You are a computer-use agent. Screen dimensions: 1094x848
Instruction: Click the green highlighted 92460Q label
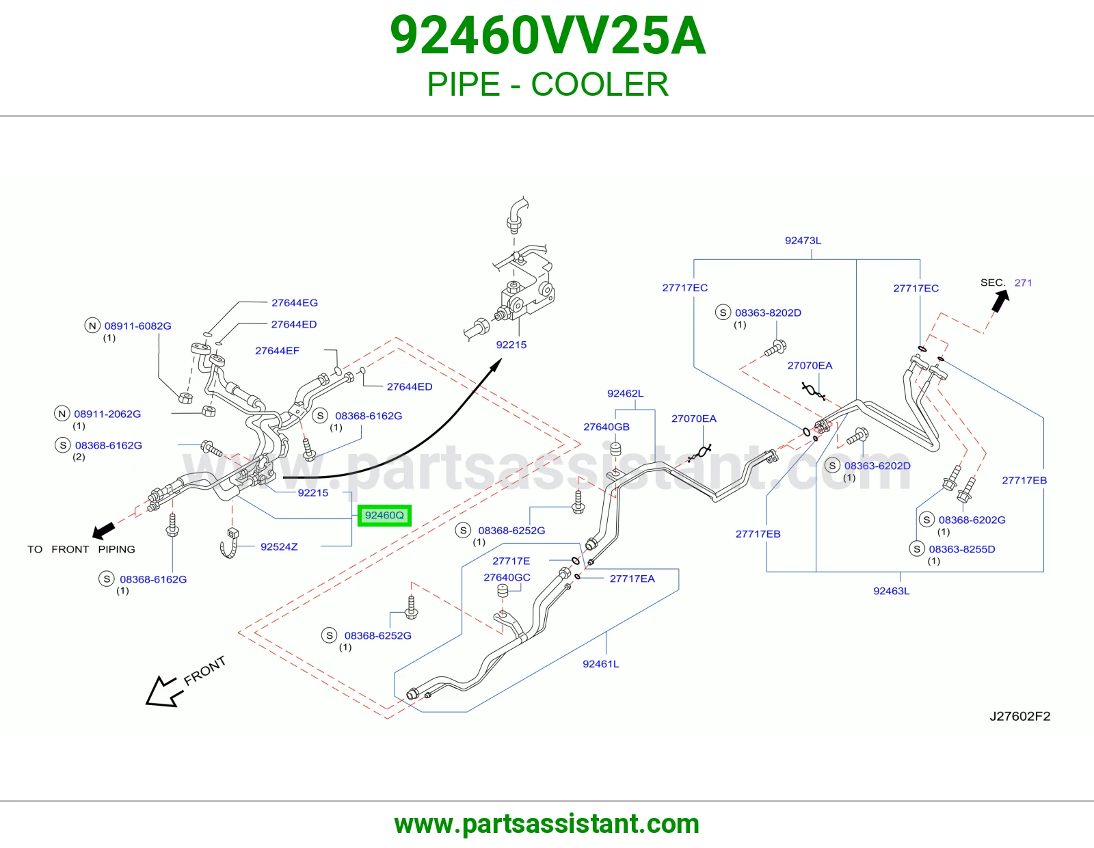click(384, 515)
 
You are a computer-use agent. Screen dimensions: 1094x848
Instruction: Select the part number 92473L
click(803, 241)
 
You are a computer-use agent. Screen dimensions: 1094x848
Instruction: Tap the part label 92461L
click(600, 663)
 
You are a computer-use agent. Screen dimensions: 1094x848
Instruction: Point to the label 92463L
click(891, 591)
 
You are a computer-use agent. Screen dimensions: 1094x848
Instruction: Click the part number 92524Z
click(279, 546)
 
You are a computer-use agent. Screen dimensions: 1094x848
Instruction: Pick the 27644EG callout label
click(295, 303)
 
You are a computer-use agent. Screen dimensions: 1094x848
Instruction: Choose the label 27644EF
click(277, 350)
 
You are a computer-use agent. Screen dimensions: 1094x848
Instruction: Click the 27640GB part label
click(606, 427)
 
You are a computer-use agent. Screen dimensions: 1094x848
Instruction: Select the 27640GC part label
click(507, 577)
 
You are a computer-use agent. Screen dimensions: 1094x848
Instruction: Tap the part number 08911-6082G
click(137, 326)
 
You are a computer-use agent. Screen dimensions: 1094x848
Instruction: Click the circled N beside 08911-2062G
click(62, 414)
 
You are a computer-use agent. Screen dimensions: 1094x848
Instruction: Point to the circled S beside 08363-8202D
click(723, 313)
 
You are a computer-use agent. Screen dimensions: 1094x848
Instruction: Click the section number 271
click(1023, 282)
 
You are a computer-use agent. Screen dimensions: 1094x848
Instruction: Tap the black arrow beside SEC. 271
click(1000, 301)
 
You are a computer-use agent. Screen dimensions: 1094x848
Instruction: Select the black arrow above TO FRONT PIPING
click(104, 530)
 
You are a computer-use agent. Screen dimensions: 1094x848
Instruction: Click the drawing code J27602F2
click(1019, 716)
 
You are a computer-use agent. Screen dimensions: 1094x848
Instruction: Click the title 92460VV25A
click(547, 36)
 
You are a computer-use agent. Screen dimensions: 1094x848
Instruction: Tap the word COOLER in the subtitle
click(600, 84)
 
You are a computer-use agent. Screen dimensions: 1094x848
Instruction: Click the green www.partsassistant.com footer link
click(547, 824)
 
